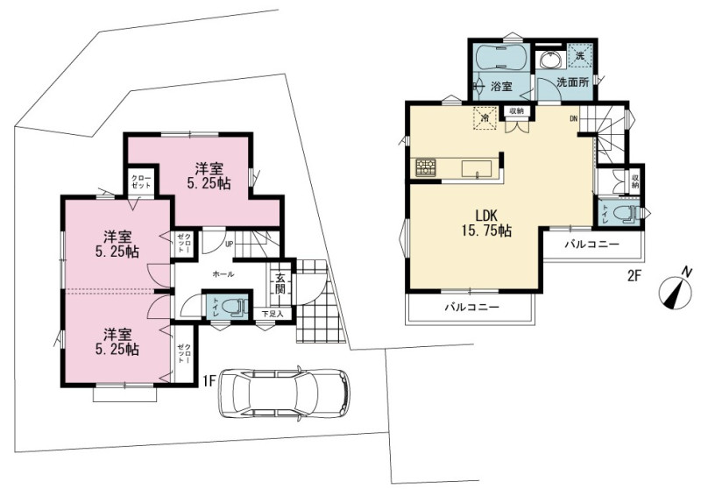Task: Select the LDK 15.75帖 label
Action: (x=487, y=223)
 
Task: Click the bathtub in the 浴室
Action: (x=502, y=57)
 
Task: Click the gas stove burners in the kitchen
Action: (x=425, y=168)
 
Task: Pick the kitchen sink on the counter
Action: (x=477, y=169)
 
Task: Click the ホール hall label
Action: (x=223, y=274)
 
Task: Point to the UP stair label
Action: (x=230, y=244)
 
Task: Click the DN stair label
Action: (x=574, y=119)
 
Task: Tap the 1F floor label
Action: (x=209, y=380)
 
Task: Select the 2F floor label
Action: (x=634, y=276)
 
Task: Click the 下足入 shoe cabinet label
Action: (x=273, y=315)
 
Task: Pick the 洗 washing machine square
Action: (x=580, y=55)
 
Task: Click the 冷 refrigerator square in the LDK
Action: (x=485, y=118)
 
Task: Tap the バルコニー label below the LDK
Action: (x=471, y=308)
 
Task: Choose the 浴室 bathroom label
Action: (x=501, y=86)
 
